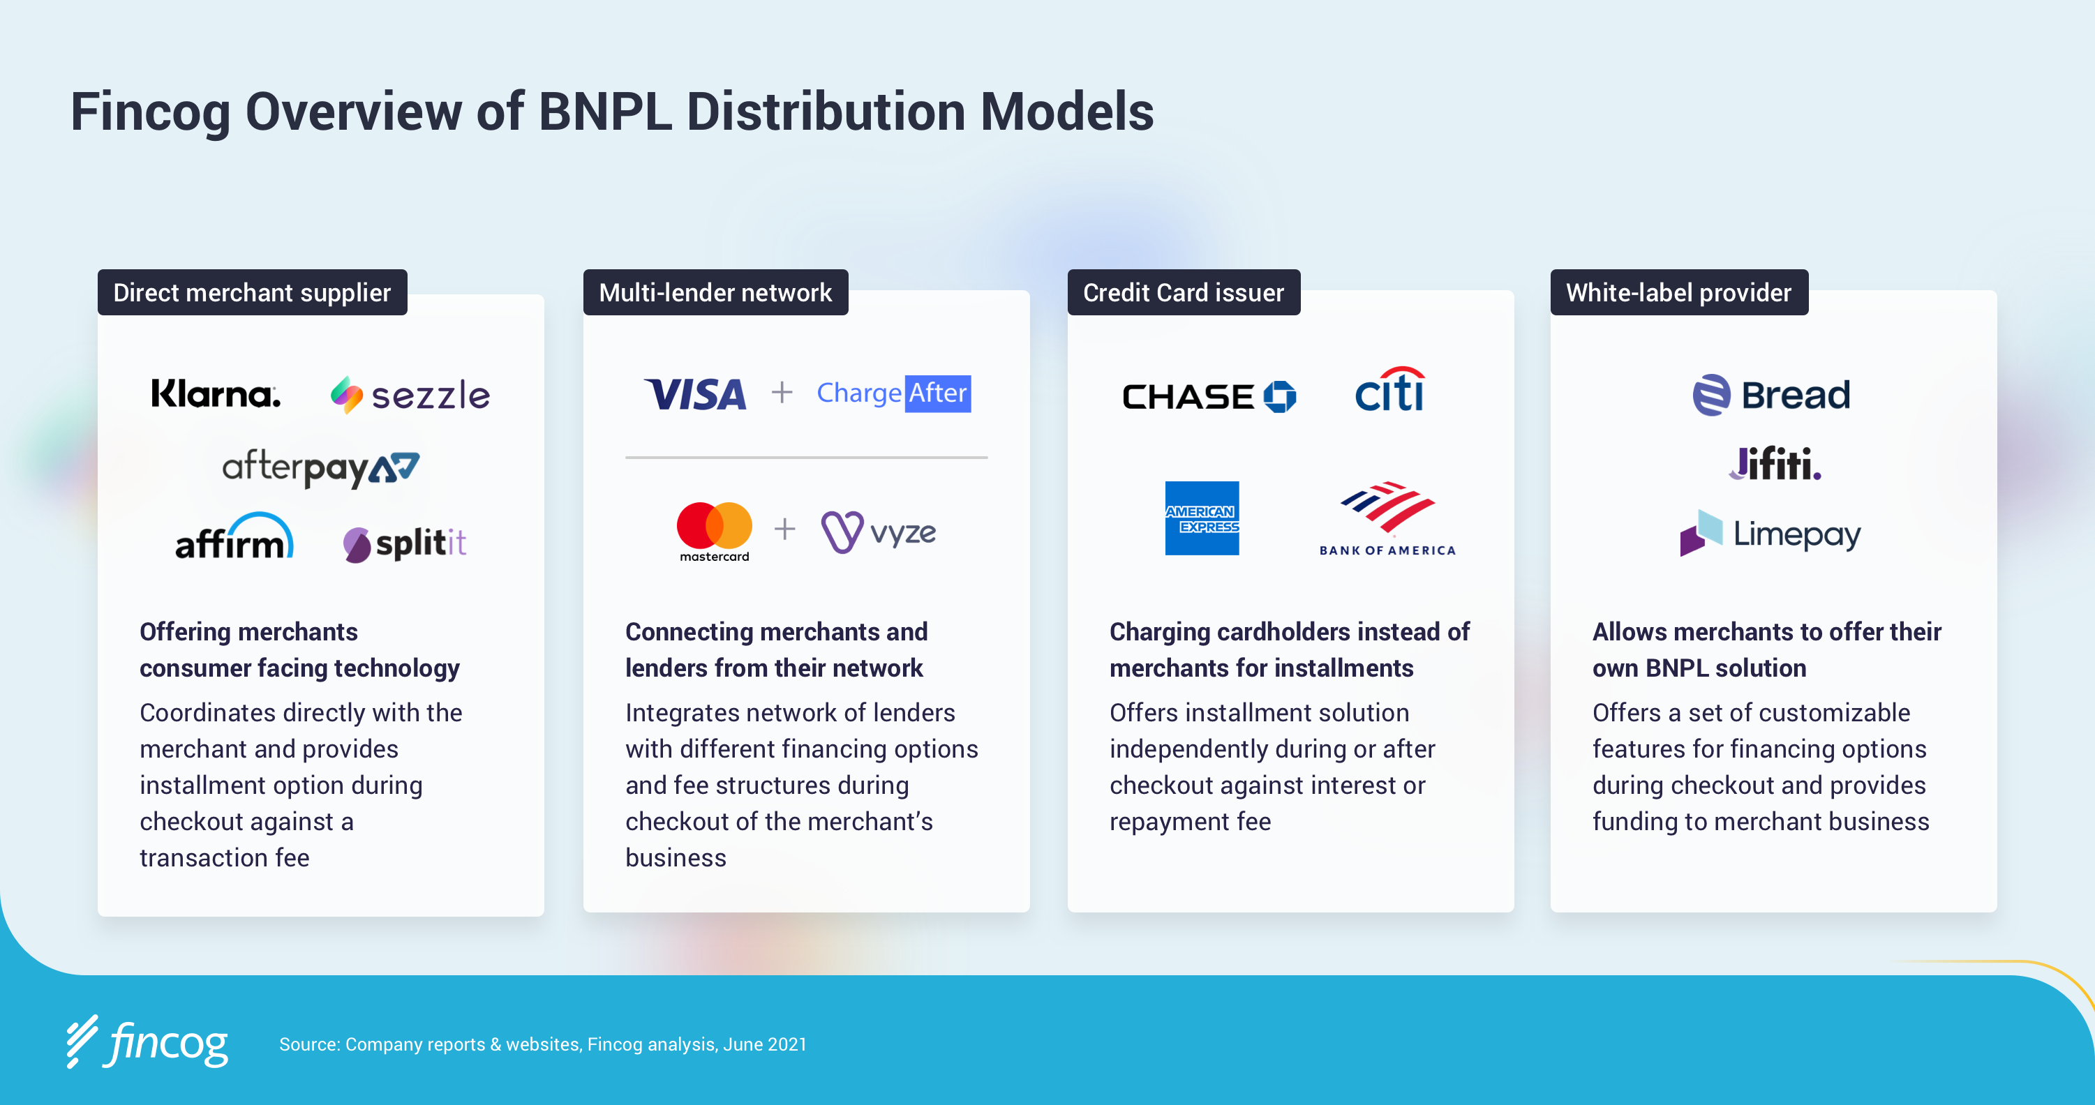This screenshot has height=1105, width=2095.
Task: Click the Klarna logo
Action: coord(216,394)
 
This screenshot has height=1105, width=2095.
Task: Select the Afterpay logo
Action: coord(320,468)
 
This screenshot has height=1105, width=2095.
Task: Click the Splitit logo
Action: coord(404,543)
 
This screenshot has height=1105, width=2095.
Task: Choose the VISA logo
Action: coord(695,394)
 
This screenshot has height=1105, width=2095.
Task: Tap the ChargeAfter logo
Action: coord(893,393)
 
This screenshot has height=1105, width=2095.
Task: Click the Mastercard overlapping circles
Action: coord(714,525)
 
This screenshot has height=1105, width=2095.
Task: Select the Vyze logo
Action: coord(879,532)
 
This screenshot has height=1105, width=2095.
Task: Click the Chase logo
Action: coord(1209,397)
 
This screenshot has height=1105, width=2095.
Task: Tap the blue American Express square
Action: coord(1201,518)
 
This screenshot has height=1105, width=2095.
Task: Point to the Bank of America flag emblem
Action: coord(1387,506)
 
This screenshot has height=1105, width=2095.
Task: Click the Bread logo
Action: coord(1771,395)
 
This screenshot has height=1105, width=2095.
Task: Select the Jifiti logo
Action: coord(1774,465)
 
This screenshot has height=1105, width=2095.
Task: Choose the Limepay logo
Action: coord(1770,534)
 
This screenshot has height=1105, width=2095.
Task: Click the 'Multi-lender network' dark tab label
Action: coord(715,293)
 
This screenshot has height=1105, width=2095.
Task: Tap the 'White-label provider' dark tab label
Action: coord(1678,293)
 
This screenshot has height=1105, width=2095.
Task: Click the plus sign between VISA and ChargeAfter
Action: coord(782,393)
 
